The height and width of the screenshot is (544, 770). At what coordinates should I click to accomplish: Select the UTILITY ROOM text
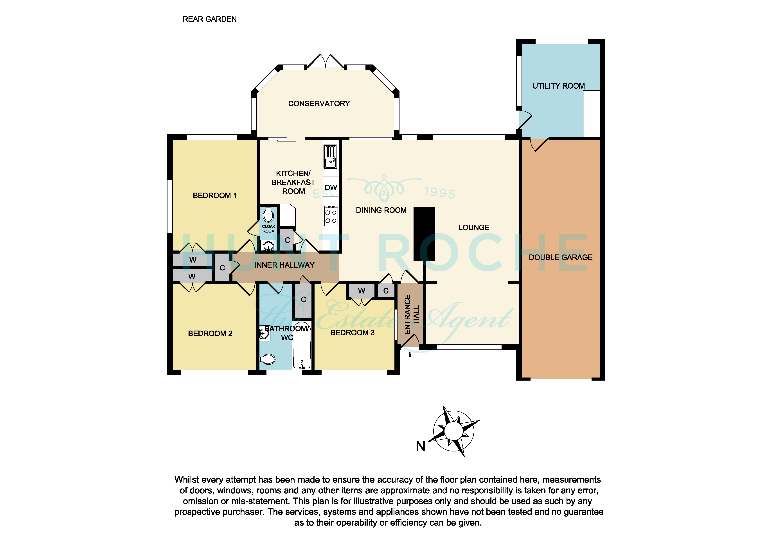(x=558, y=86)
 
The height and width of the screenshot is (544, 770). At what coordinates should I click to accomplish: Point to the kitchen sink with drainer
(x=330, y=157)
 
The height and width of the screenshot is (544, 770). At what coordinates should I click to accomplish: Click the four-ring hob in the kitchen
(x=331, y=217)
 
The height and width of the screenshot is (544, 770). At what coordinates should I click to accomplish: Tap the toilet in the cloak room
(x=268, y=215)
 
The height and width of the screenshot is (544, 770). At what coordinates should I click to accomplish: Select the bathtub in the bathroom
(x=302, y=345)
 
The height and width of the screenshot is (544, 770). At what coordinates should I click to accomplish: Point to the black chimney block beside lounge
(x=424, y=234)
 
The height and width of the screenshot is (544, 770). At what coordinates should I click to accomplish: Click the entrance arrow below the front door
(x=410, y=359)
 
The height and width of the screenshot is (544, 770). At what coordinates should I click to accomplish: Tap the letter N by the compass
(x=421, y=446)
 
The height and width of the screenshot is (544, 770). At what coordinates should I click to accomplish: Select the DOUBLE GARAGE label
(x=560, y=258)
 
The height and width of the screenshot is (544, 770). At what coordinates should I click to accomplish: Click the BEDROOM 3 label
(x=353, y=333)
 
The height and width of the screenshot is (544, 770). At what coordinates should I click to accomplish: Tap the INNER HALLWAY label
(x=284, y=265)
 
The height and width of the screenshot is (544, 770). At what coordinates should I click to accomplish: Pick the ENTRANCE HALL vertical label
(x=412, y=314)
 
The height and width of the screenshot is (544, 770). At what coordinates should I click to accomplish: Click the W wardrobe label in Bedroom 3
(x=361, y=291)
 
